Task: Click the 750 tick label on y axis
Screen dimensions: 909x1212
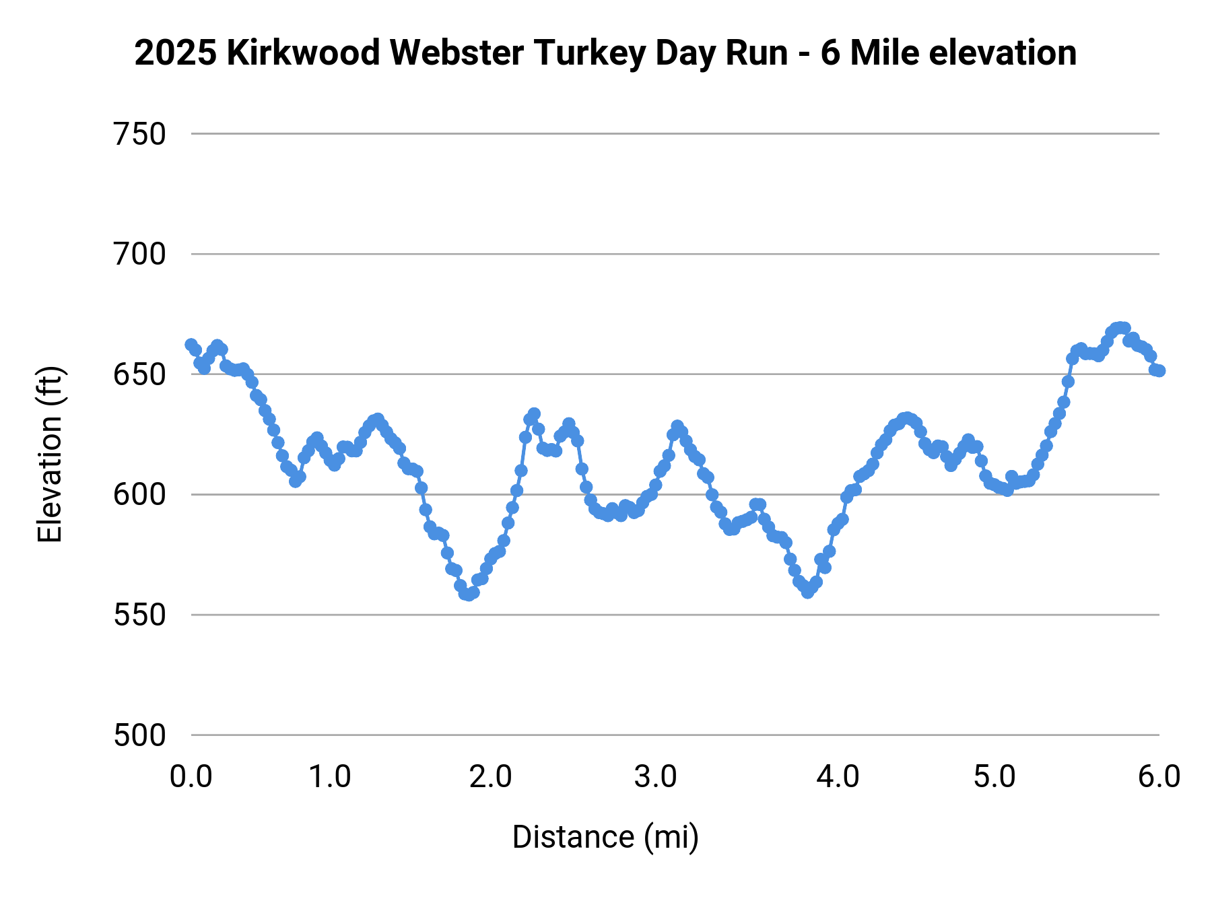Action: pyautogui.click(x=139, y=135)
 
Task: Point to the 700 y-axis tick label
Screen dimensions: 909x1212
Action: pyautogui.click(x=139, y=255)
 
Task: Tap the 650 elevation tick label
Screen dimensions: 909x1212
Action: pyautogui.click(x=139, y=375)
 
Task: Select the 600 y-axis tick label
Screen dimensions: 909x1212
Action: pyautogui.click(x=139, y=495)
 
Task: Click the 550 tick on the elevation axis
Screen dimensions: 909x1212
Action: pyautogui.click(x=139, y=615)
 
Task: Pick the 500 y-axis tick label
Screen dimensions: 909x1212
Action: pyautogui.click(x=139, y=735)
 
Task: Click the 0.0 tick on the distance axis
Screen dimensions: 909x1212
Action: pyautogui.click(x=191, y=777)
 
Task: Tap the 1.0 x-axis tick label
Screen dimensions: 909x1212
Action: pyautogui.click(x=330, y=777)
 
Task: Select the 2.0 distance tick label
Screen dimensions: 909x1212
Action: pyautogui.click(x=491, y=777)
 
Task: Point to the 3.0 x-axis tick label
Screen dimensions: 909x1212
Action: pyautogui.click(x=655, y=777)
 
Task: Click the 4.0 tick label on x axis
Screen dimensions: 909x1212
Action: pyautogui.click(x=838, y=777)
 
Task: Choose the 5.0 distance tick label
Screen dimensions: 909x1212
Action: pyautogui.click(x=995, y=777)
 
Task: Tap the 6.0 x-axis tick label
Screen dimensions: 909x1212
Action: pyautogui.click(x=1159, y=777)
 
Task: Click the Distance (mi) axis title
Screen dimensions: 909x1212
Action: pyautogui.click(x=605, y=838)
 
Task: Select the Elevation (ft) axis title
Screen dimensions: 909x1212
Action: pyautogui.click(x=50, y=454)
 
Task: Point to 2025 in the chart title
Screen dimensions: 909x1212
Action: pyautogui.click(x=175, y=53)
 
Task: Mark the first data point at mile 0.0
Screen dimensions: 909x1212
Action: pyautogui.click(x=191, y=345)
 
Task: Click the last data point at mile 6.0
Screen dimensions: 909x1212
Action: pyautogui.click(x=1159, y=371)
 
